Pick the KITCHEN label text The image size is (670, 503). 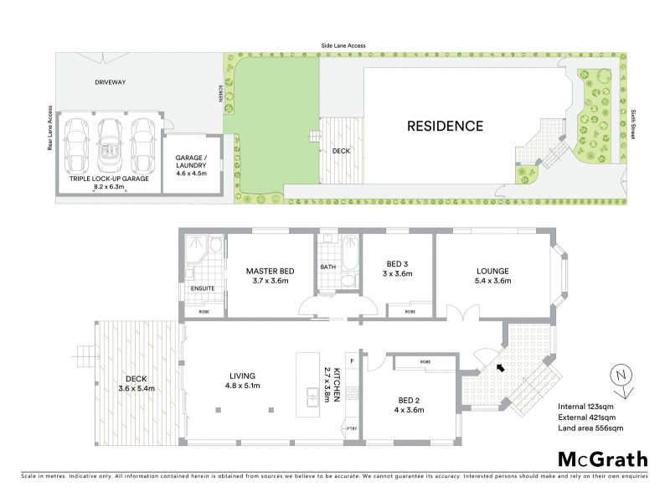pyautogui.click(x=336, y=385)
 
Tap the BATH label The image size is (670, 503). pyautogui.click(x=327, y=268)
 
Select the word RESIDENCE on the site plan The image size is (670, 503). pyautogui.click(x=445, y=127)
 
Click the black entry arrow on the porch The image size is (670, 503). pyautogui.click(x=500, y=366)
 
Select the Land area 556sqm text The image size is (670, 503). pyautogui.click(x=591, y=428)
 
